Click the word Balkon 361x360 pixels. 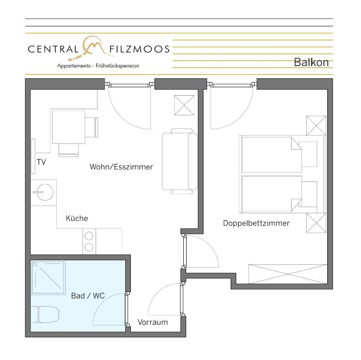311,62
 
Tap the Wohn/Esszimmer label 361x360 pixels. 121,166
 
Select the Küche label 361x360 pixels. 77,218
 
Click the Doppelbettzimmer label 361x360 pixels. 256,223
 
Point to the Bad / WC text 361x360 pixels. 88,295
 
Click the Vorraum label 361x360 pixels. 153,322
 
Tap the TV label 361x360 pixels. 41,162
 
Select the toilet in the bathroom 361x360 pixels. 45,314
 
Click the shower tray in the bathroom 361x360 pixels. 48,278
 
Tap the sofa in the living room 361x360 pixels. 180,161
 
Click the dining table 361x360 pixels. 68,127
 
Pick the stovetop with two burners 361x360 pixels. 89,241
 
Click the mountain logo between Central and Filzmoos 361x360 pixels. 91,47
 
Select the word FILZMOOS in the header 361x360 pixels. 139,49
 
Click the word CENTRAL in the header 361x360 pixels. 53,49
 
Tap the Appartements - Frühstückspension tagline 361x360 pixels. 98,66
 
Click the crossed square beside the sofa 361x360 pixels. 184,105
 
